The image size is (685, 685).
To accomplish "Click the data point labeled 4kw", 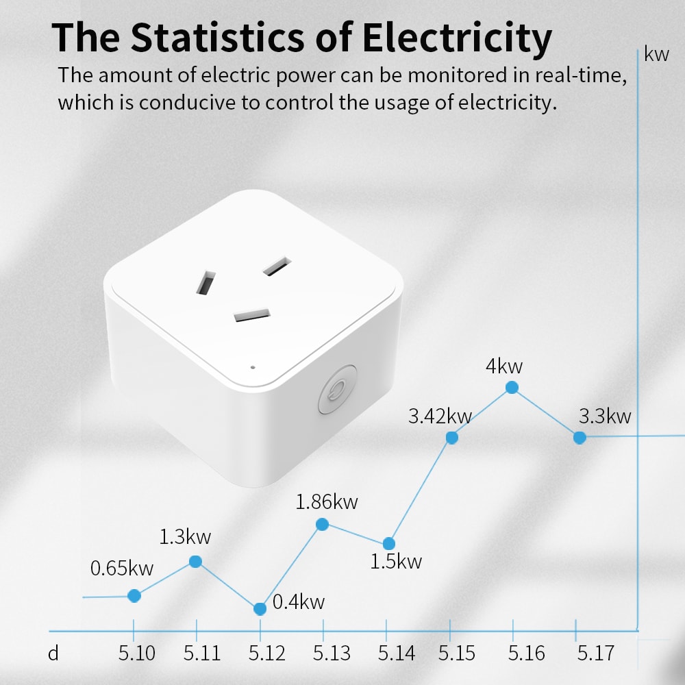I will click(x=512, y=388).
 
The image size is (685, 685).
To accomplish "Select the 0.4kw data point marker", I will click(x=260, y=609).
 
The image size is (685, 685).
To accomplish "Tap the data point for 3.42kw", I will click(x=451, y=437).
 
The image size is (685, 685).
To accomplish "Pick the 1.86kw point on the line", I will click(x=323, y=524).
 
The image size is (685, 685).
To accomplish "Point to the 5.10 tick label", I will click(x=137, y=653).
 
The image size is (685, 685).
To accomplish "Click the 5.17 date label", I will click(x=595, y=653).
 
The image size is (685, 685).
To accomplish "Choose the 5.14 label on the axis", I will click(x=396, y=653).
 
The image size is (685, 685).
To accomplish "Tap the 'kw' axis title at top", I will click(x=656, y=55).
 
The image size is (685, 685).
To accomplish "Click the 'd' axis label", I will click(x=53, y=653).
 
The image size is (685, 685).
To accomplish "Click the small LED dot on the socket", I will click(x=253, y=366).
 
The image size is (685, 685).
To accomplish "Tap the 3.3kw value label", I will click(x=604, y=416).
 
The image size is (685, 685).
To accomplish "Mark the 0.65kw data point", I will click(x=134, y=596).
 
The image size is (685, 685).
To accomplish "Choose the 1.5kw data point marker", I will click(x=388, y=543).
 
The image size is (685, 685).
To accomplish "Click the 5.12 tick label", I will click(x=267, y=653).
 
